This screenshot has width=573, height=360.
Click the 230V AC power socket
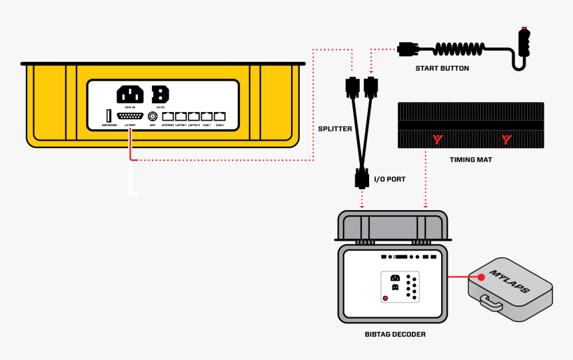click(x=130, y=94)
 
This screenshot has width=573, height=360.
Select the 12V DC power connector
click(x=160, y=94)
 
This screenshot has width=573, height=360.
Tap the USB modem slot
click(x=108, y=116)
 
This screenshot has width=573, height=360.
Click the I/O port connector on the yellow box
click(x=130, y=116)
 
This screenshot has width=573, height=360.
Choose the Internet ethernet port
click(x=168, y=116)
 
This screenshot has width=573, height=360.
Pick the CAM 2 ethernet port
click(x=219, y=116)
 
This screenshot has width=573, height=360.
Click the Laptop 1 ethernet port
click(x=181, y=116)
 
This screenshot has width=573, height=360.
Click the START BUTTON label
click(x=442, y=68)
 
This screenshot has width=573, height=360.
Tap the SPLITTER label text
click(x=334, y=129)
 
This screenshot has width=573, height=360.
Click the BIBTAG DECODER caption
click(x=395, y=334)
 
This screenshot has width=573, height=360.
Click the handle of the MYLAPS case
click(x=491, y=304)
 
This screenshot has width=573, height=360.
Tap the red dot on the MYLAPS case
click(x=480, y=276)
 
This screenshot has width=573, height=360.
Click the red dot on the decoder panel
click(x=386, y=298)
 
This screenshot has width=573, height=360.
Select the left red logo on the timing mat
click(x=438, y=139)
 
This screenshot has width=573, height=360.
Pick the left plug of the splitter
click(x=351, y=86)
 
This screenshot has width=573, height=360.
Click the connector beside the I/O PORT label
click(x=362, y=179)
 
